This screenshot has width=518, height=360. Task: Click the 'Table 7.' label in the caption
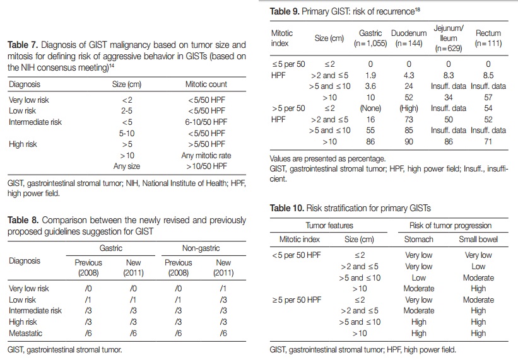(x=23, y=45)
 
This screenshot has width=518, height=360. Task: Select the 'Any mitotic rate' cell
(x=206, y=156)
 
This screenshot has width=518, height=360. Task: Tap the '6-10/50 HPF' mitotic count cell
(x=206, y=122)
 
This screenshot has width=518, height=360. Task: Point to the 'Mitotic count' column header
(x=206, y=84)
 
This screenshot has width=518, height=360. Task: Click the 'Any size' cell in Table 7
(x=127, y=166)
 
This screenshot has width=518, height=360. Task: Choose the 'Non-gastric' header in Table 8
(x=201, y=248)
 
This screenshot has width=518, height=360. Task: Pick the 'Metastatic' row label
(x=25, y=334)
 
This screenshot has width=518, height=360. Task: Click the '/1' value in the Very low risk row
(x=223, y=289)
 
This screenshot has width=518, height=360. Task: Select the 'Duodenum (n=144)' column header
(x=409, y=38)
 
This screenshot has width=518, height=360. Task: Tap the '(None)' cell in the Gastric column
(x=370, y=108)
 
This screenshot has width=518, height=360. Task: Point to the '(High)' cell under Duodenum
(x=409, y=108)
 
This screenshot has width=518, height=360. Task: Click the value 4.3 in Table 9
(x=409, y=76)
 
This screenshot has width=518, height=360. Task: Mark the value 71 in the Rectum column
(x=488, y=142)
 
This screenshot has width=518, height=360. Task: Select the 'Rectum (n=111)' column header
(x=488, y=38)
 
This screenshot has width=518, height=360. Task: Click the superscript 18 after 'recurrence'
(x=418, y=9)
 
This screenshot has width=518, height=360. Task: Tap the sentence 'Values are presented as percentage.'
(x=327, y=159)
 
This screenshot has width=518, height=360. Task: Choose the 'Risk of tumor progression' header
(x=450, y=225)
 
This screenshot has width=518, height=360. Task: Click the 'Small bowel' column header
(x=478, y=239)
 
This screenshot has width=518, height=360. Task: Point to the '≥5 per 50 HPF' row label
(x=297, y=300)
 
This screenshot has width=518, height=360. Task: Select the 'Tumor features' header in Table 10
(x=329, y=225)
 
